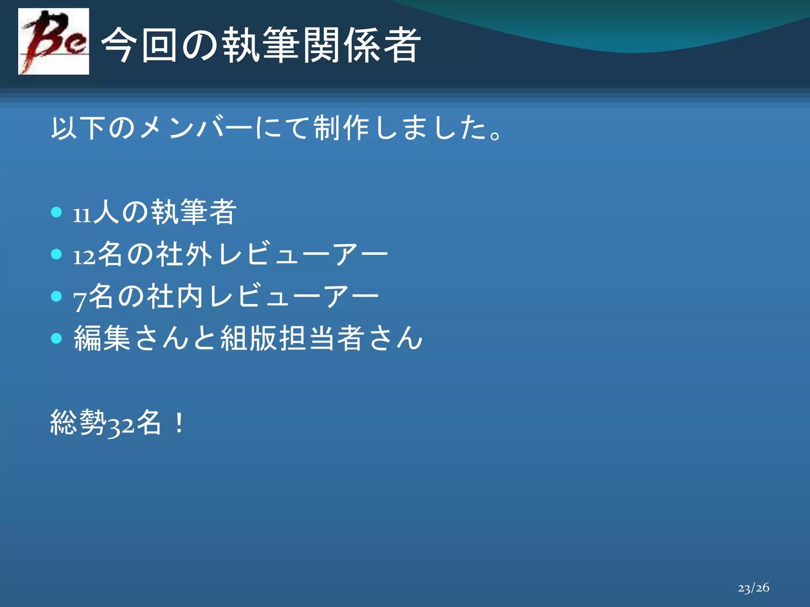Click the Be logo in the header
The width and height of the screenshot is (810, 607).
point(53,41)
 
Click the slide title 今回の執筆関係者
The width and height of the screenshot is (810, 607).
point(261,45)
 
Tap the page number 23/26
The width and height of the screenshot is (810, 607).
point(753,588)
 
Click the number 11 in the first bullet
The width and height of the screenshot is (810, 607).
point(82,215)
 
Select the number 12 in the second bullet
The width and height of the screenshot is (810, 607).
point(84,257)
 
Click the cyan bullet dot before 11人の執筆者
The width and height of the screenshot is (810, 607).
point(57,212)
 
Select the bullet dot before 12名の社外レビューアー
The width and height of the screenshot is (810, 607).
point(57,254)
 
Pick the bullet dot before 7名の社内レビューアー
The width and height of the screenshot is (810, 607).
point(57,296)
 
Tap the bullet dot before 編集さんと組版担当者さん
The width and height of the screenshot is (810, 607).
point(57,338)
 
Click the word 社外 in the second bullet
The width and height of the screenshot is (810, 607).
point(184,254)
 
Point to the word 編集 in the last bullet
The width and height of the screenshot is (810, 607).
point(102,338)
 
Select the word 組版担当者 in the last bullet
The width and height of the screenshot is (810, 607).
point(292,338)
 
